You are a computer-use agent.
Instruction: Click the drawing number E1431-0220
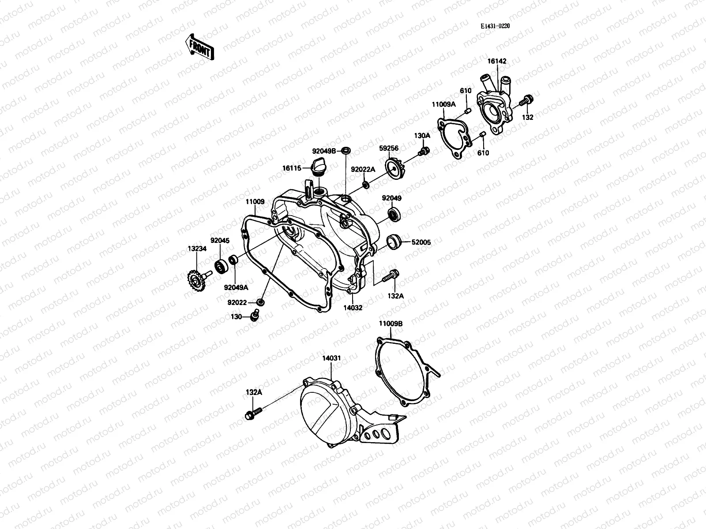click(495, 26)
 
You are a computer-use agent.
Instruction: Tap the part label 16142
click(497, 62)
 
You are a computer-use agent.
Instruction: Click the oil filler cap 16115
click(319, 168)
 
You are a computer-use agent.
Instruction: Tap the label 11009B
click(391, 324)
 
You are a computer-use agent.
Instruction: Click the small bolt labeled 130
click(254, 316)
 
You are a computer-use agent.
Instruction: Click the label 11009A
click(443, 105)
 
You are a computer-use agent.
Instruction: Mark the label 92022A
click(363, 169)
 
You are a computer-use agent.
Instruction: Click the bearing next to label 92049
click(394, 215)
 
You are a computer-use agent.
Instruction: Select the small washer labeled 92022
click(261, 302)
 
